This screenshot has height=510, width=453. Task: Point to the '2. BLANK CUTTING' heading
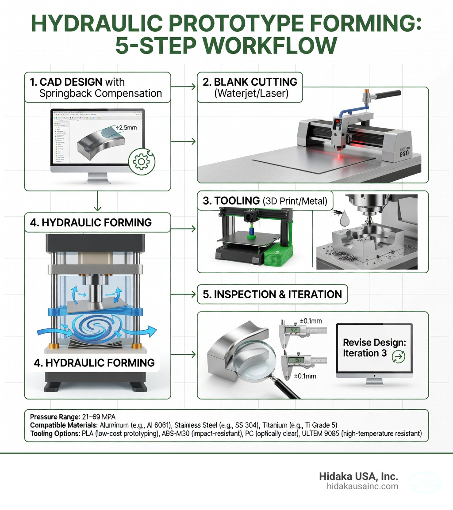[x=249, y=82]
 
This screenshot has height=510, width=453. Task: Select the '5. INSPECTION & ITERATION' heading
[x=272, y=295]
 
